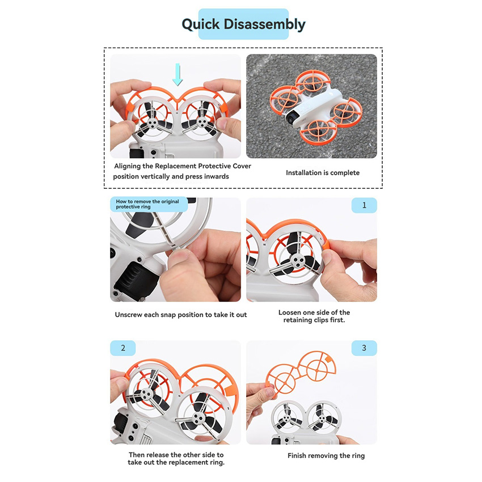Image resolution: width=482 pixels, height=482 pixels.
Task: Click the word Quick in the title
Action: click(201, 24)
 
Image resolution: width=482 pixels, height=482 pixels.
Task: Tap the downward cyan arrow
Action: click(177, 74)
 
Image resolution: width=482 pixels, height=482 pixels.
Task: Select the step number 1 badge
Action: click(364, 205)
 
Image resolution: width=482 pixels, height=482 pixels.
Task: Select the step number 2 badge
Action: click(123, 348)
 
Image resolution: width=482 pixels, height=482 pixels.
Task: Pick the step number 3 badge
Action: click(364, 348)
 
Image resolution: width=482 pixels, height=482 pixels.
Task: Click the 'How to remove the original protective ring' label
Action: click(147, 204)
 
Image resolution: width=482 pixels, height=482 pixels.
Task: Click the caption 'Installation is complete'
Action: click(323, 173)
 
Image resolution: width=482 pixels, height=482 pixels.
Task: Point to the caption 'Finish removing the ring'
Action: click(326, 455)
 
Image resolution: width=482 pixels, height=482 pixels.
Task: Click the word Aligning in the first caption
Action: click(127, 166)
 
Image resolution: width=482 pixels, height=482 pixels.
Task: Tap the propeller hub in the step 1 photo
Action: click(297, 261)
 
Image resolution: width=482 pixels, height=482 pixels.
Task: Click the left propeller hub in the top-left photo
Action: click(151, 124)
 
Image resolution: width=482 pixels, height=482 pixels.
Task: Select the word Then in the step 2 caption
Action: click(136, 455)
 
